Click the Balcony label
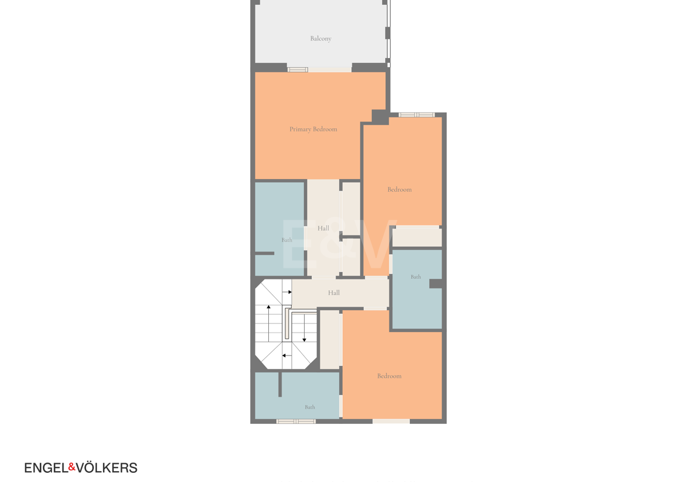[x=320, y=39]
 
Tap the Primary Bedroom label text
[x=313, y=129]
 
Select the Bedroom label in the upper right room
[x=399, y=189]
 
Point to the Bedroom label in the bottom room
[x=389, y=376]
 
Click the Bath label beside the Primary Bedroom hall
[x=286, y=240]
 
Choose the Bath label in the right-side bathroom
[x=415, y=277]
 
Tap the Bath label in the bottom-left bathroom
[x=310, y=407]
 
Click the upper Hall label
[x=323, y=228]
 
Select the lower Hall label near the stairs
[x=334, y=293]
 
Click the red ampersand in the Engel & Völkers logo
[x=72, y=467]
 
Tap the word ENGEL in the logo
[x=46, y=468]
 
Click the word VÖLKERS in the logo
[x=107, y=468]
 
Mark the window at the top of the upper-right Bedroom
[x=417, y=115]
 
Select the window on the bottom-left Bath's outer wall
[x=296, y=421]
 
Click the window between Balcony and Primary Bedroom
[x=298, y=70]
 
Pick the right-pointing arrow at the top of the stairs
[x=287, y=292]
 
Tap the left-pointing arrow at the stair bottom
[x=286, y=356]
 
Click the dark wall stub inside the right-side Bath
[x=435, y=284]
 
